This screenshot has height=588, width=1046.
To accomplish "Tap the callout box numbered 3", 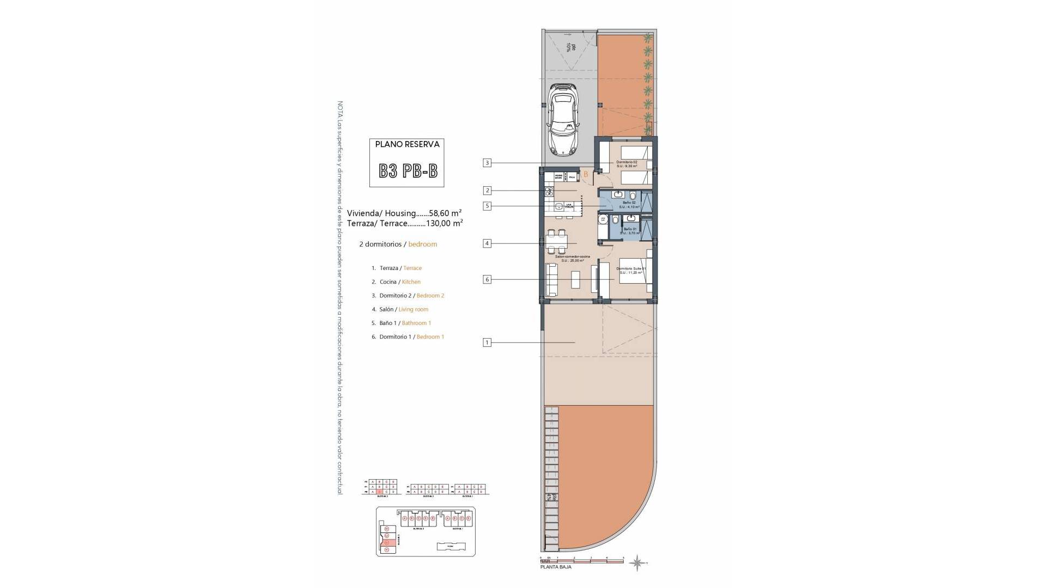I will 488,163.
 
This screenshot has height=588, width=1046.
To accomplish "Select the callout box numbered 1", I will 488,342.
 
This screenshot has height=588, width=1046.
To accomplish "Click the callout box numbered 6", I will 488,279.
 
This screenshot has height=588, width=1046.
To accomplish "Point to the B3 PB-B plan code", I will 408,171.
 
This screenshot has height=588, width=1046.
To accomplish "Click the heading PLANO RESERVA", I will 407,145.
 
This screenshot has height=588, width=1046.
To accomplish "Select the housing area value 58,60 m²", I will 445,213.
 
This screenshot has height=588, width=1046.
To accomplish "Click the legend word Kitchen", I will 411,282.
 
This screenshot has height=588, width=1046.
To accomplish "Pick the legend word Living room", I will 413,309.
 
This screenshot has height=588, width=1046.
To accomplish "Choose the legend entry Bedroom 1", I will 430,337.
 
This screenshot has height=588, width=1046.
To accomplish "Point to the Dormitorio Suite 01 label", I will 631,269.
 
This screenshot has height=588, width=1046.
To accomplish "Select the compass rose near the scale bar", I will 636,562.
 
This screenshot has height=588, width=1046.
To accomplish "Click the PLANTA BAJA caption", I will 556,567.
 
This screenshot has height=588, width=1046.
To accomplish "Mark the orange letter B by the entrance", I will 586,175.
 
